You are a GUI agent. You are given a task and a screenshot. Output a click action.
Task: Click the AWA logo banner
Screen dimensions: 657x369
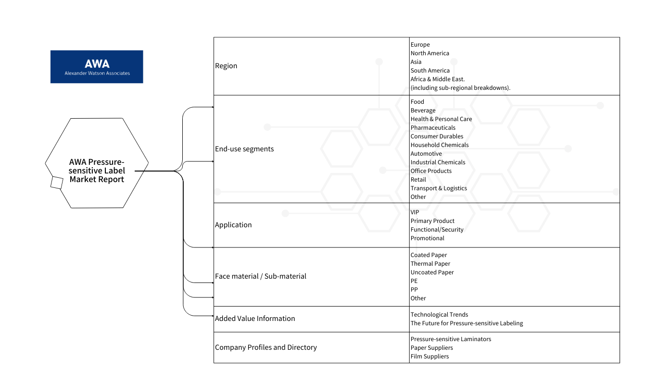click(x=97, y=66)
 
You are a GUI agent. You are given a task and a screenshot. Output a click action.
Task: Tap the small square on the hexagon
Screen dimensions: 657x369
click(x=57, y=183)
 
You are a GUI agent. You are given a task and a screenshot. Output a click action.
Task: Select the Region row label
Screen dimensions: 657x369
click(x=226, y=66)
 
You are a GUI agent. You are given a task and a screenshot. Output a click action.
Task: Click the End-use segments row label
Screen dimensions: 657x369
click(x=244, y=149)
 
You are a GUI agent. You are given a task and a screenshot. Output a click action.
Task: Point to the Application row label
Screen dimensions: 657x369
click(x=233, y=225)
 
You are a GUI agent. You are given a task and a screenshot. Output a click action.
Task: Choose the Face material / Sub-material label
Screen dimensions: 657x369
click(x=261, y=276)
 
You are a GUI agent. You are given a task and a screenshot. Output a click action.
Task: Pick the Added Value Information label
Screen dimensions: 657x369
click(x=255, y=318)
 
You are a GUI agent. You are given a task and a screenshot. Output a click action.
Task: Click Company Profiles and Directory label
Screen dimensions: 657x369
click(x=265, y=347)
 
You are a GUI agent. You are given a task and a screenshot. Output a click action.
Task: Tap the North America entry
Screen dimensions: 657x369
click(x=430, y=53)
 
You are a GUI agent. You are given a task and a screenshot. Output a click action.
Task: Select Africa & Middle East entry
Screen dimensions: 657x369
click(x=438, y=79)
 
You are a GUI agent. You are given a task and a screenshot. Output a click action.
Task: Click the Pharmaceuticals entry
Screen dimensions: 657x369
click(x=433, y=128)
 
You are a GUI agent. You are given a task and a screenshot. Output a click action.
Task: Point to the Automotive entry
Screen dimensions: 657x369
click(x=426, y=154)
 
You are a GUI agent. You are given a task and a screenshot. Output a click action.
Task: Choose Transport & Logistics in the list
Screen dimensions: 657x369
click(x=439, y=188)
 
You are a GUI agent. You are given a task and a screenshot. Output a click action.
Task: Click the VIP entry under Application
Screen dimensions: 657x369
click(x=415, y=212)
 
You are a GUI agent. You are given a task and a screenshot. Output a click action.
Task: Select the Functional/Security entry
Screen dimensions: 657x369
click(x=437, y=230)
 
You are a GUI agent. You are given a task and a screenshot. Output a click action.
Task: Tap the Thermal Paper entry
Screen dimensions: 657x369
click(x=430, y=264)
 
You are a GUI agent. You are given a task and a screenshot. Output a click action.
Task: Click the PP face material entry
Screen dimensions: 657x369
click(x=414, y=290)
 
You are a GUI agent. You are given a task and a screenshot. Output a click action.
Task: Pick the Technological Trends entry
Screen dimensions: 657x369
click(x=440, y=315)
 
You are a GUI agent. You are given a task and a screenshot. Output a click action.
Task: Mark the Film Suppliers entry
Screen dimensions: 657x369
click(x=430, y=357)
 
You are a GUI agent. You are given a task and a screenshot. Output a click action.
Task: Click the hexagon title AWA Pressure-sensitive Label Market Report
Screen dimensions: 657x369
click(x=97, y=171)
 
